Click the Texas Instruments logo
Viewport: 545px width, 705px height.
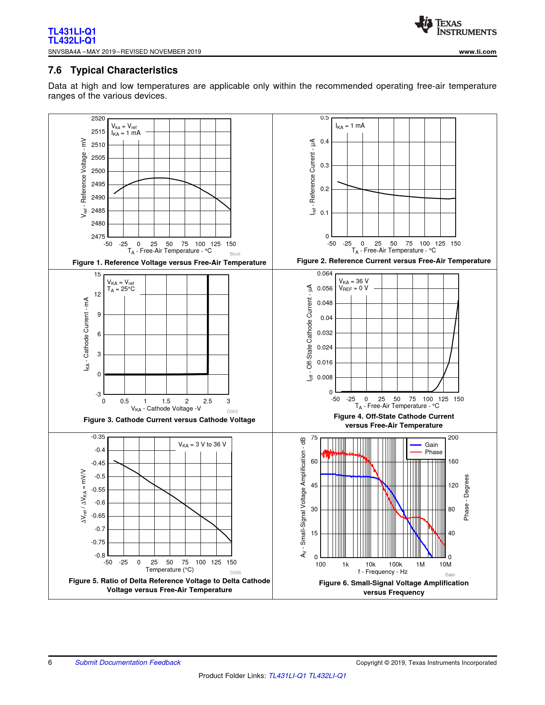pos(455,26)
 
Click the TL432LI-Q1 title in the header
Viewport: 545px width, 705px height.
pos(72,41)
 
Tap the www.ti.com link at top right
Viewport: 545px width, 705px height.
pos(477,52)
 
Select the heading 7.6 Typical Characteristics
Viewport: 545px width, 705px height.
pos(113,70)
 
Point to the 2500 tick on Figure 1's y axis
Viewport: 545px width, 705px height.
pos(98,171)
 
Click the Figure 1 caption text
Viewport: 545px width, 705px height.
pos(169,262)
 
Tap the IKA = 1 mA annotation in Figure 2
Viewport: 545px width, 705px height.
pos(350,126)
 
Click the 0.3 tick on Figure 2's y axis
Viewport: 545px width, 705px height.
pos(325,165)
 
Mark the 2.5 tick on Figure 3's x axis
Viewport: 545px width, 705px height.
pos(208,401)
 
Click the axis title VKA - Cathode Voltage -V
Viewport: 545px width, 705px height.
pos(166,408)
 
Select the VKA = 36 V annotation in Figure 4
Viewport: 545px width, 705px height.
pos(354,281)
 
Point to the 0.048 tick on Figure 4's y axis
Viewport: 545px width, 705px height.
pos(325,303)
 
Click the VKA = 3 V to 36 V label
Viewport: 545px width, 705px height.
pos(202,444)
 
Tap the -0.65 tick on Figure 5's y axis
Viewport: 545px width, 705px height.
pos(98,516)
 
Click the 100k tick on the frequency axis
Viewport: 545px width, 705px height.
pos(395,564)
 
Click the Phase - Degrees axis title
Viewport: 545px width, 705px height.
pos(466,497)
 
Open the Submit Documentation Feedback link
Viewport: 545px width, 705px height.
pos(128,662)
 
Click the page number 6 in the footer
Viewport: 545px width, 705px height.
pos(50,662)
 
